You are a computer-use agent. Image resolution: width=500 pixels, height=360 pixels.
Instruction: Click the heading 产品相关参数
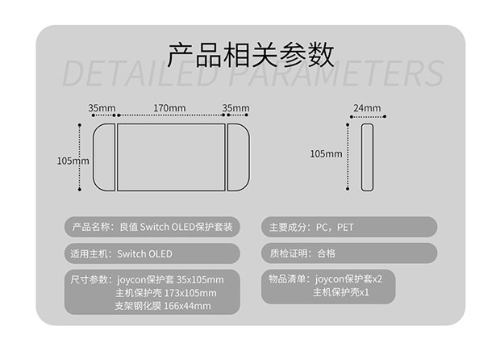tap(250, 54)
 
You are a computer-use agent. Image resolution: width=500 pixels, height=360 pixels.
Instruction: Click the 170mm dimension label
tap(169, 108)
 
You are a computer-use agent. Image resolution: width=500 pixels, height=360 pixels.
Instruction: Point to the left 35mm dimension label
tap(102, 108)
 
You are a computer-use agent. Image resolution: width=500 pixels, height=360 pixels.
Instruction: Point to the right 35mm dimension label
tap(235, 108)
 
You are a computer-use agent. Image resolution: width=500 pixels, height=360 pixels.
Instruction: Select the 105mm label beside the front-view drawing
tap(73, 161)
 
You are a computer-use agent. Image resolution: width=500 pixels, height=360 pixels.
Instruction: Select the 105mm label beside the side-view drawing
tap(326, 153)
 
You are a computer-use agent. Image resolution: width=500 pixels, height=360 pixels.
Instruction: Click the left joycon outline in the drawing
tap(106, 157)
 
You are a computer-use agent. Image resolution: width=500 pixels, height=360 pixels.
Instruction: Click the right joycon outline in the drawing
tap(237, 157)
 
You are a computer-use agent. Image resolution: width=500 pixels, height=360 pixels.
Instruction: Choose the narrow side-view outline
tap(368, 157)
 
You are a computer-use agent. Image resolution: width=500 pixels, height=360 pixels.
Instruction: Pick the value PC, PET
tap(335, 228)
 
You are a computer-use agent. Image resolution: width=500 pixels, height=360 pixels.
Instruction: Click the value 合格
tap(327, 253)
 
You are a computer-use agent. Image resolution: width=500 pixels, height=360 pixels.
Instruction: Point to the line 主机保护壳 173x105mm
tap(166, 293)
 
